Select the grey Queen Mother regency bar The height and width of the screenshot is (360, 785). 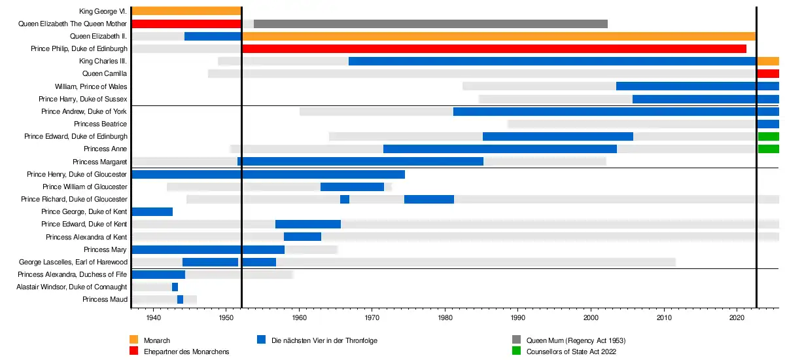pyautogui.click(x=430, y=24)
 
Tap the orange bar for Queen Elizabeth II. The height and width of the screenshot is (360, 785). pyautogui.click(x=498, y=36)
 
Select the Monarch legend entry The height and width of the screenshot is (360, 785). pyautogui.click(x=157, y=340)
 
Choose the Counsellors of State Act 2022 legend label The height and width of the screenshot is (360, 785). pyautogui.click(x=572, y=351)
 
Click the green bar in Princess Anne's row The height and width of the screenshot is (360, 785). pyautogui.click(x=768, y=149)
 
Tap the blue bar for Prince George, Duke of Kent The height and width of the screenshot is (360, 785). pyautogui.click(x=152, y=211)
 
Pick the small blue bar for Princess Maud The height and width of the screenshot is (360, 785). pyautogui.click(x=180, y=299)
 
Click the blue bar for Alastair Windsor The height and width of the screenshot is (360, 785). pyautogui.click(x=175, y=287)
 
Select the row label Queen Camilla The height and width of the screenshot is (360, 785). pyautogui.click(x=105, y=74)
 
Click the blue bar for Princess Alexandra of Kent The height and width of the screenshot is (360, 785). pyautogui.click(x=302, y=236)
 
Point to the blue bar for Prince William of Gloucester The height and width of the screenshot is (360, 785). pyautogui.click(x=352, y=187)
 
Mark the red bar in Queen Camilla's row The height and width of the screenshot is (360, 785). pyautogui.click(x=768, y=74)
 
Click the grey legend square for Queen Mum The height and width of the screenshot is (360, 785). pyautogui.click(x=516, y=340)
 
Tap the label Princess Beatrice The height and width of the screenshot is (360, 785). pyautogui.click(x=101, y=124)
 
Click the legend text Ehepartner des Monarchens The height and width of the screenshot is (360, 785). pyautogui.click(x=186, y=351)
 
